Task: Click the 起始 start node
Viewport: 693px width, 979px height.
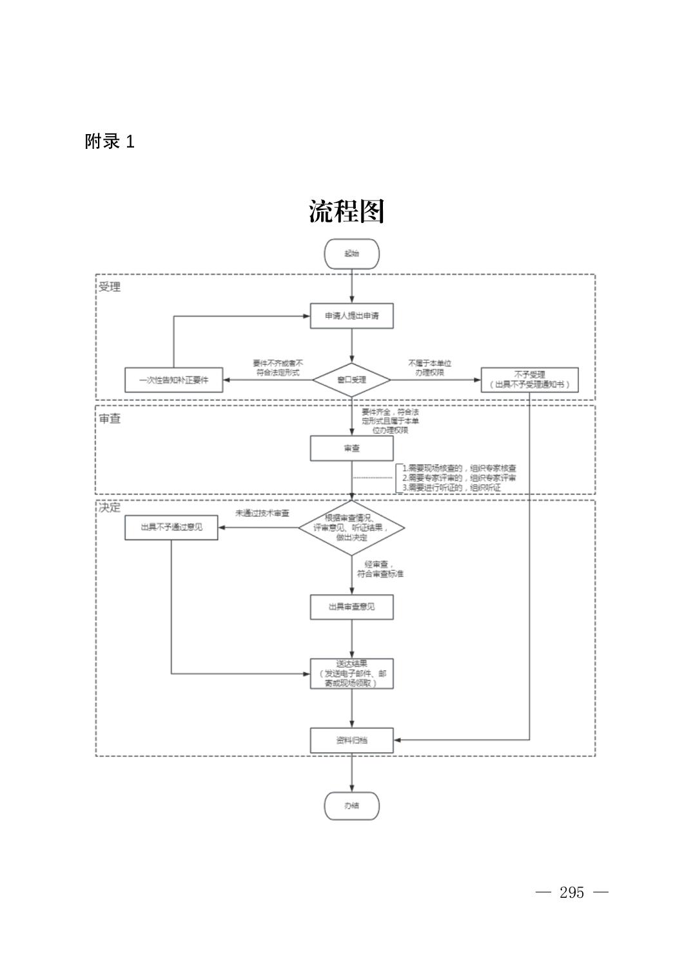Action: click(x=351, y=254)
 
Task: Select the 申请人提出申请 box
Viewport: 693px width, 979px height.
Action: click(x=351, y=316)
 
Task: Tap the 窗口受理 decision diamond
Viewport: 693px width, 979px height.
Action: click(x=351, y=380)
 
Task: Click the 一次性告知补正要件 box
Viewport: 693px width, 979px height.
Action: click(x=173, y=380)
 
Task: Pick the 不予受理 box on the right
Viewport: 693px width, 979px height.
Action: click(x=529, y=380)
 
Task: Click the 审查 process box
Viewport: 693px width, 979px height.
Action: click(x=351, y=448)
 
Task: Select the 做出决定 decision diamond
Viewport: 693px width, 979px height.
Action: click(x=351, y=528)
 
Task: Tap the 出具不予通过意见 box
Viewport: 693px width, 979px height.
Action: click(x=171, y=527)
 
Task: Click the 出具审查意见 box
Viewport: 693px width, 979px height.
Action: click(x=351, y=606)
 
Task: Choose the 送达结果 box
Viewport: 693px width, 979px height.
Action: click(x=351, y=674)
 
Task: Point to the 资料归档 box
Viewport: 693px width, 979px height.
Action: click(x=351, y=740)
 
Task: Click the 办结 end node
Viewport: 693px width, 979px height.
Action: click(x=351, y=806)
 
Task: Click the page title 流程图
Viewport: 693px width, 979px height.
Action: click(x=346, y=211)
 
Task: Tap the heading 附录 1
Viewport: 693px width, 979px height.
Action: click(x=110, y=142)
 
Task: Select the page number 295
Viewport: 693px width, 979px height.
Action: click(x=572, y=893)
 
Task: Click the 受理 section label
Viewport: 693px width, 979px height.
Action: click(x=110, y=287)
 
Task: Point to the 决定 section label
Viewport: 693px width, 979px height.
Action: click(x=110, y=507)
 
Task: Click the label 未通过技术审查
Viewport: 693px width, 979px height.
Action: click(x=262, y=514)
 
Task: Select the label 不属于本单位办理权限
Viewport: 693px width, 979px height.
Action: click(x=429, y=368)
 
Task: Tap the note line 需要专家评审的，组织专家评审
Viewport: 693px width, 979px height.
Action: click(x=459, y=478)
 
